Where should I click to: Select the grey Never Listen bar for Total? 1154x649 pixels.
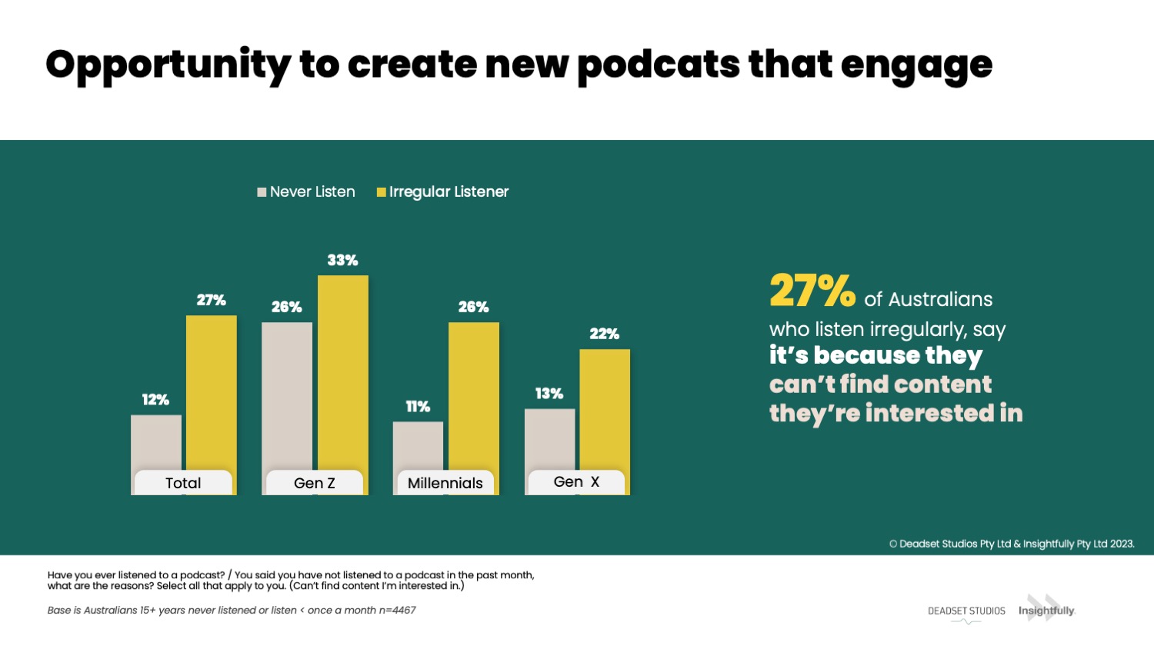point(156,442)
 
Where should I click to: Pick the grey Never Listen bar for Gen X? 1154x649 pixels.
point(549,438)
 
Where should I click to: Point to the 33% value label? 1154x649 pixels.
point(342,260)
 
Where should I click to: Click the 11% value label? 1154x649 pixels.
point(418,406)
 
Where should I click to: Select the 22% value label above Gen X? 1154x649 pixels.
point(604,334)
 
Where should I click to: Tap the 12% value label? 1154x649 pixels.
point(155,400)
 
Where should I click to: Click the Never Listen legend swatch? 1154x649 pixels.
point(262,192)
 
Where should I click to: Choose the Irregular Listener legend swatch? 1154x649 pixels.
point(381,192)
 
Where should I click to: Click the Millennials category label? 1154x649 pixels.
point(445,483)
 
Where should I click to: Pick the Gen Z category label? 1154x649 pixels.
point(314,483)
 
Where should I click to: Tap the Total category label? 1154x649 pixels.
point(183,483)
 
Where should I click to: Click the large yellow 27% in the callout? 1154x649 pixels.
point(812,291)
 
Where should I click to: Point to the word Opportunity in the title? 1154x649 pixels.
point(168,65)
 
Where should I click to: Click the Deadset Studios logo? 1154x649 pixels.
point(966,612)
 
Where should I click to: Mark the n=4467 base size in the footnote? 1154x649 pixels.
point(397,611)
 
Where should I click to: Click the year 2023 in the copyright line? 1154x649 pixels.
point(1122,544)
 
